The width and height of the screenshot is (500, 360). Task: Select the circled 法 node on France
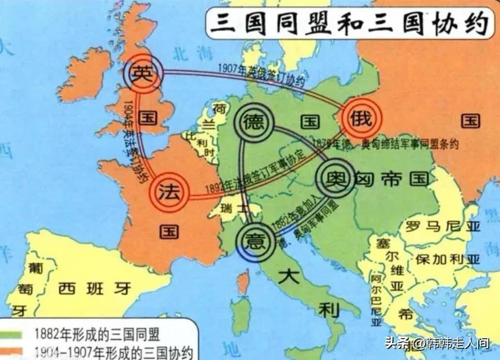point(171,193)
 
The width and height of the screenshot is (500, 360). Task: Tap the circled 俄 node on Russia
point(361,118)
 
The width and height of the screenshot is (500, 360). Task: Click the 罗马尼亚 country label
point(437,226)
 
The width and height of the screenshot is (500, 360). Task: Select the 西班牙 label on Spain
point(95,288)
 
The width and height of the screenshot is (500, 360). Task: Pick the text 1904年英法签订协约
point(132,141)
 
